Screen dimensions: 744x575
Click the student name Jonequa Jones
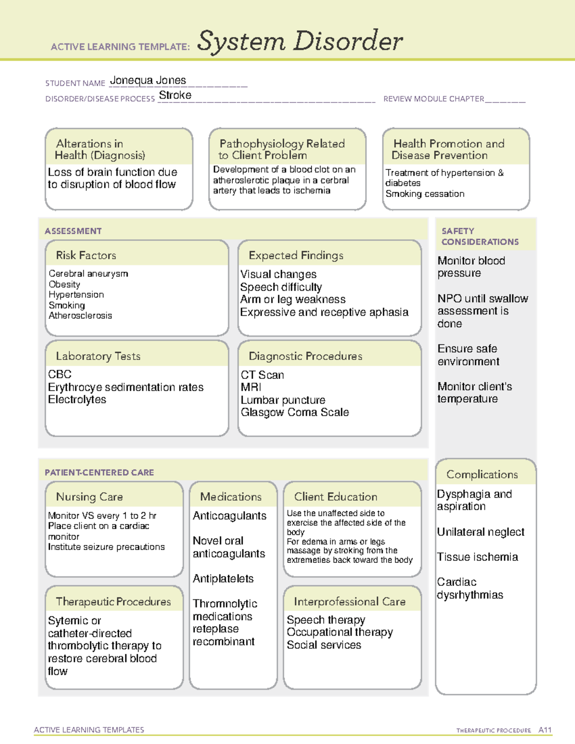pyautogui.click(x=148, y=80)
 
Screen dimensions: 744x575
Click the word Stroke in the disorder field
pyautogui.click(x=175, y=95)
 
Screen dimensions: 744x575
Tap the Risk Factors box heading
pyautogui.click(x=86, y=255)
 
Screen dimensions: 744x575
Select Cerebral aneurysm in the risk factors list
pyautogui.click(x=88, y=274)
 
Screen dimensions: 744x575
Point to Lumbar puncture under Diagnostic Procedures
pyautogui.click(x=283, y=400)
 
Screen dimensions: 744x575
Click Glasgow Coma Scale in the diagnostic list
pyautogui.click(x=295, y=412)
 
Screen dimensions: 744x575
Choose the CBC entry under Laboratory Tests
pyautogui.click(x=60, y=374)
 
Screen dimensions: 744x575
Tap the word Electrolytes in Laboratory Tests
pyautogui.click(x=77, y=400)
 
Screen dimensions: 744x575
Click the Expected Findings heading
pyautogui.click(x=296, y=255)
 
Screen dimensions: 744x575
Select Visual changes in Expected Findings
pyautogui.click(x=278, y=275)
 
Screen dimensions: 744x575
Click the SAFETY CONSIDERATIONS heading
pyautogui.click(x=480, y=237)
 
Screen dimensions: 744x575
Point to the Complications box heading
pyautogui.click(x=482, y=474)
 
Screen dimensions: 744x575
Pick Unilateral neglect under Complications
pyautogui.click(x=481, y=532)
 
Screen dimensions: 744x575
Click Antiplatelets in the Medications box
pyautogui.click(x=223, y=579)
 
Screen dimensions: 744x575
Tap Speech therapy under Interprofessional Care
pyautogui.click(x=326, y=620)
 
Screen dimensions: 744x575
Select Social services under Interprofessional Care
pyautogui.click(x=324, y=645)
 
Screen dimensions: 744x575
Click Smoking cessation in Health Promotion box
pyautogui.click(x=425, y=194)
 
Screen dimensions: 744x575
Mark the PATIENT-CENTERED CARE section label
pyautogui.click(x=99, y=472)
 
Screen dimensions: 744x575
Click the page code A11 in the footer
pyautogui.click(x=545, y=730)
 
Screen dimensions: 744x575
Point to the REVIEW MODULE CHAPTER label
pyautogui.click(x=434, y=99)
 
